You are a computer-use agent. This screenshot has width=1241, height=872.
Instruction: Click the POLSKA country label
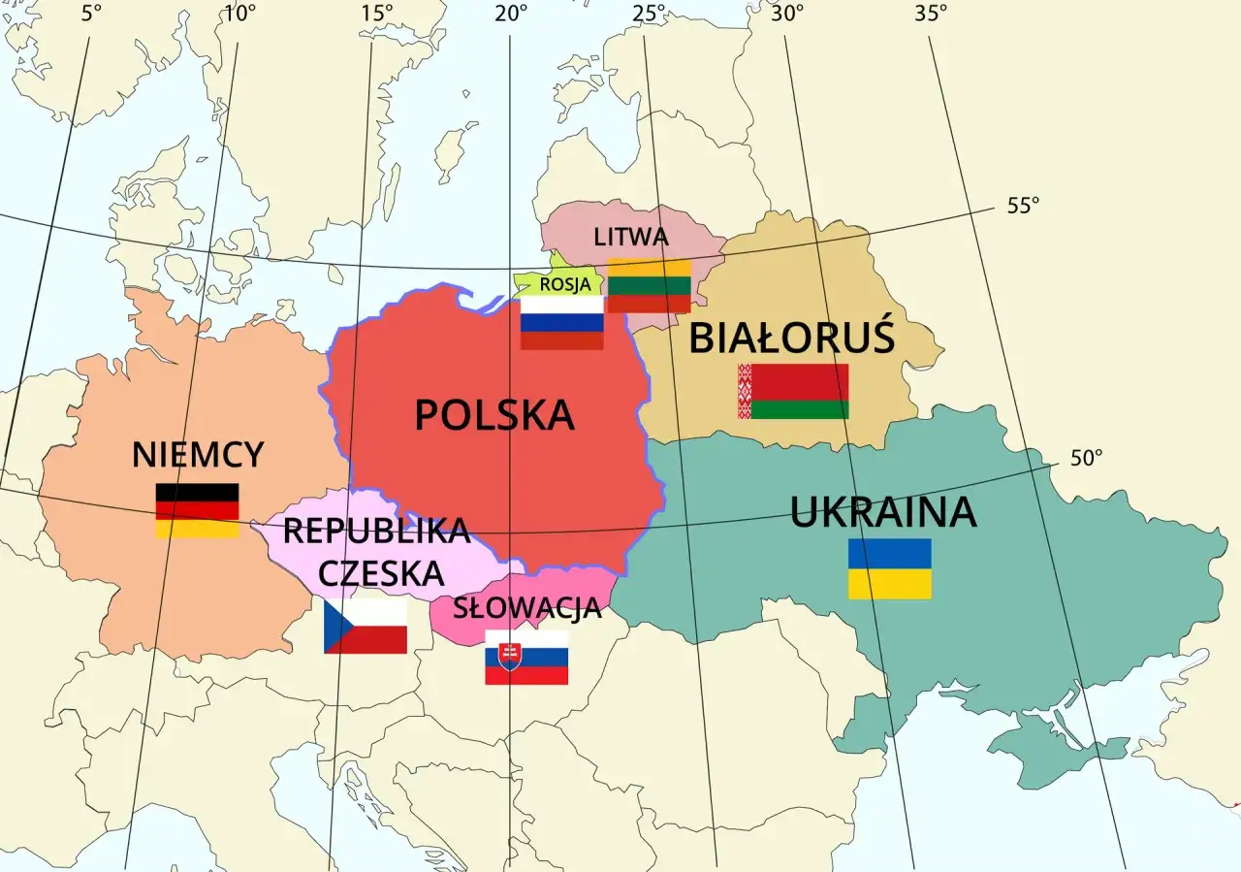494,415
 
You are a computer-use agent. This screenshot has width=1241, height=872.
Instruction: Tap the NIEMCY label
198,454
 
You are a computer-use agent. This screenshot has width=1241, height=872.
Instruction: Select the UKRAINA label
883,512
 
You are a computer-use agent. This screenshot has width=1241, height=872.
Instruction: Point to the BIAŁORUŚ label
791,339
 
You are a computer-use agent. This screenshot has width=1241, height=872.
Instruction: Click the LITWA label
631,237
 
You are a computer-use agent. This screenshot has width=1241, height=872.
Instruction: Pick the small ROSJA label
564,284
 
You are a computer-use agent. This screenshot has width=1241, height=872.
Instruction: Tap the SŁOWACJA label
527,610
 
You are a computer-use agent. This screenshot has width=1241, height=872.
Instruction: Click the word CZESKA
381,574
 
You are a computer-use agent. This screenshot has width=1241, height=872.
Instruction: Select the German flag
198,510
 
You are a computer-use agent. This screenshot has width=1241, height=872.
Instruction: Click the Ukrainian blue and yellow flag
890,568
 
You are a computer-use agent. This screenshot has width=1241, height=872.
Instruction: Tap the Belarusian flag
793,391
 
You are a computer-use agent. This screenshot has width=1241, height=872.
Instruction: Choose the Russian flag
562,323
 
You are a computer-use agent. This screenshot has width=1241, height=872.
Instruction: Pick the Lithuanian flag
650,286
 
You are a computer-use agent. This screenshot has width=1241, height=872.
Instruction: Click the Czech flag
366,626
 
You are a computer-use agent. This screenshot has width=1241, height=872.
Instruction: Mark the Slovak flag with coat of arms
526,658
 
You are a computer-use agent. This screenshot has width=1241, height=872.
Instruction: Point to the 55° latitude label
1023,206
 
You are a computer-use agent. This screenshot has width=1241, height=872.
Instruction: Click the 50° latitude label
1087,459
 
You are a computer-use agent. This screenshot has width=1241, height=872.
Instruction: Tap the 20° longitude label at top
511,14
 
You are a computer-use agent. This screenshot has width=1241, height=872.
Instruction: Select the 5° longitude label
91,14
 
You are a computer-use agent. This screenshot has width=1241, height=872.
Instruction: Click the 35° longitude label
931,14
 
